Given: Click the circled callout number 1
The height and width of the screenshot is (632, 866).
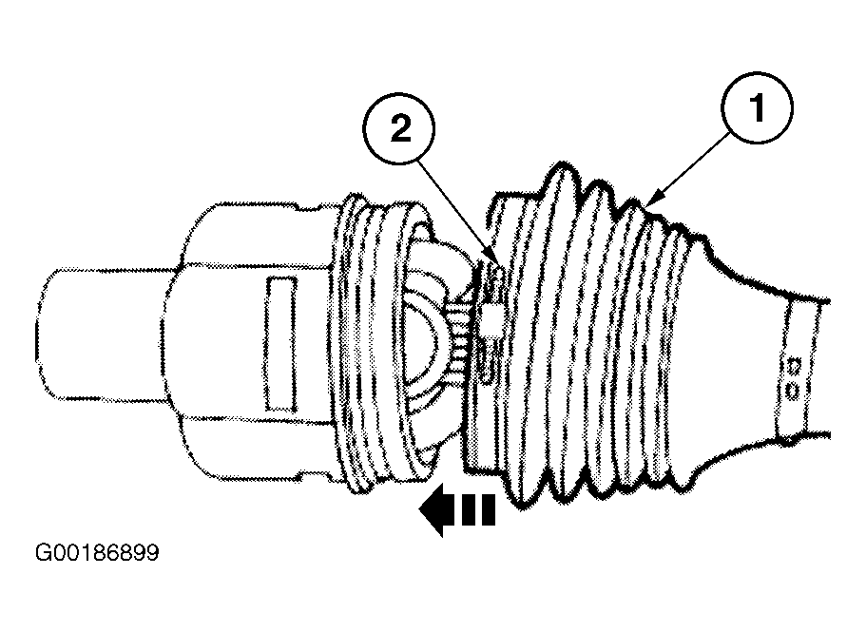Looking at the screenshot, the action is pyautogui.click(x=758, y=108).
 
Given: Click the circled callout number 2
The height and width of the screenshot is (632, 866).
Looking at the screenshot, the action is pyautogui.click(x=399, y=128).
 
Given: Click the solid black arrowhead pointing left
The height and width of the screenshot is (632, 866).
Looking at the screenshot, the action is pyautogui.click(x=433, y=509).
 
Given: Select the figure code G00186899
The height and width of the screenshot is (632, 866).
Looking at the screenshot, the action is pyautogui.click(x=97, y=552).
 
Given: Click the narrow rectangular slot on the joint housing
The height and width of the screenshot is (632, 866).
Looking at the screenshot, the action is pyautogui.click(x=281, y=344).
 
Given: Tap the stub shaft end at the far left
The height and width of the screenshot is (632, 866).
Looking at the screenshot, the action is pyautogui.click(x=105, y=334).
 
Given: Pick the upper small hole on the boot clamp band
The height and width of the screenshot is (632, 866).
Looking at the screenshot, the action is pyautogui.click(x=795, y=365).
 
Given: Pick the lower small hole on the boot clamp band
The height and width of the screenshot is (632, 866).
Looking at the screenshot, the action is pyautogui.click(x=793, y=392).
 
